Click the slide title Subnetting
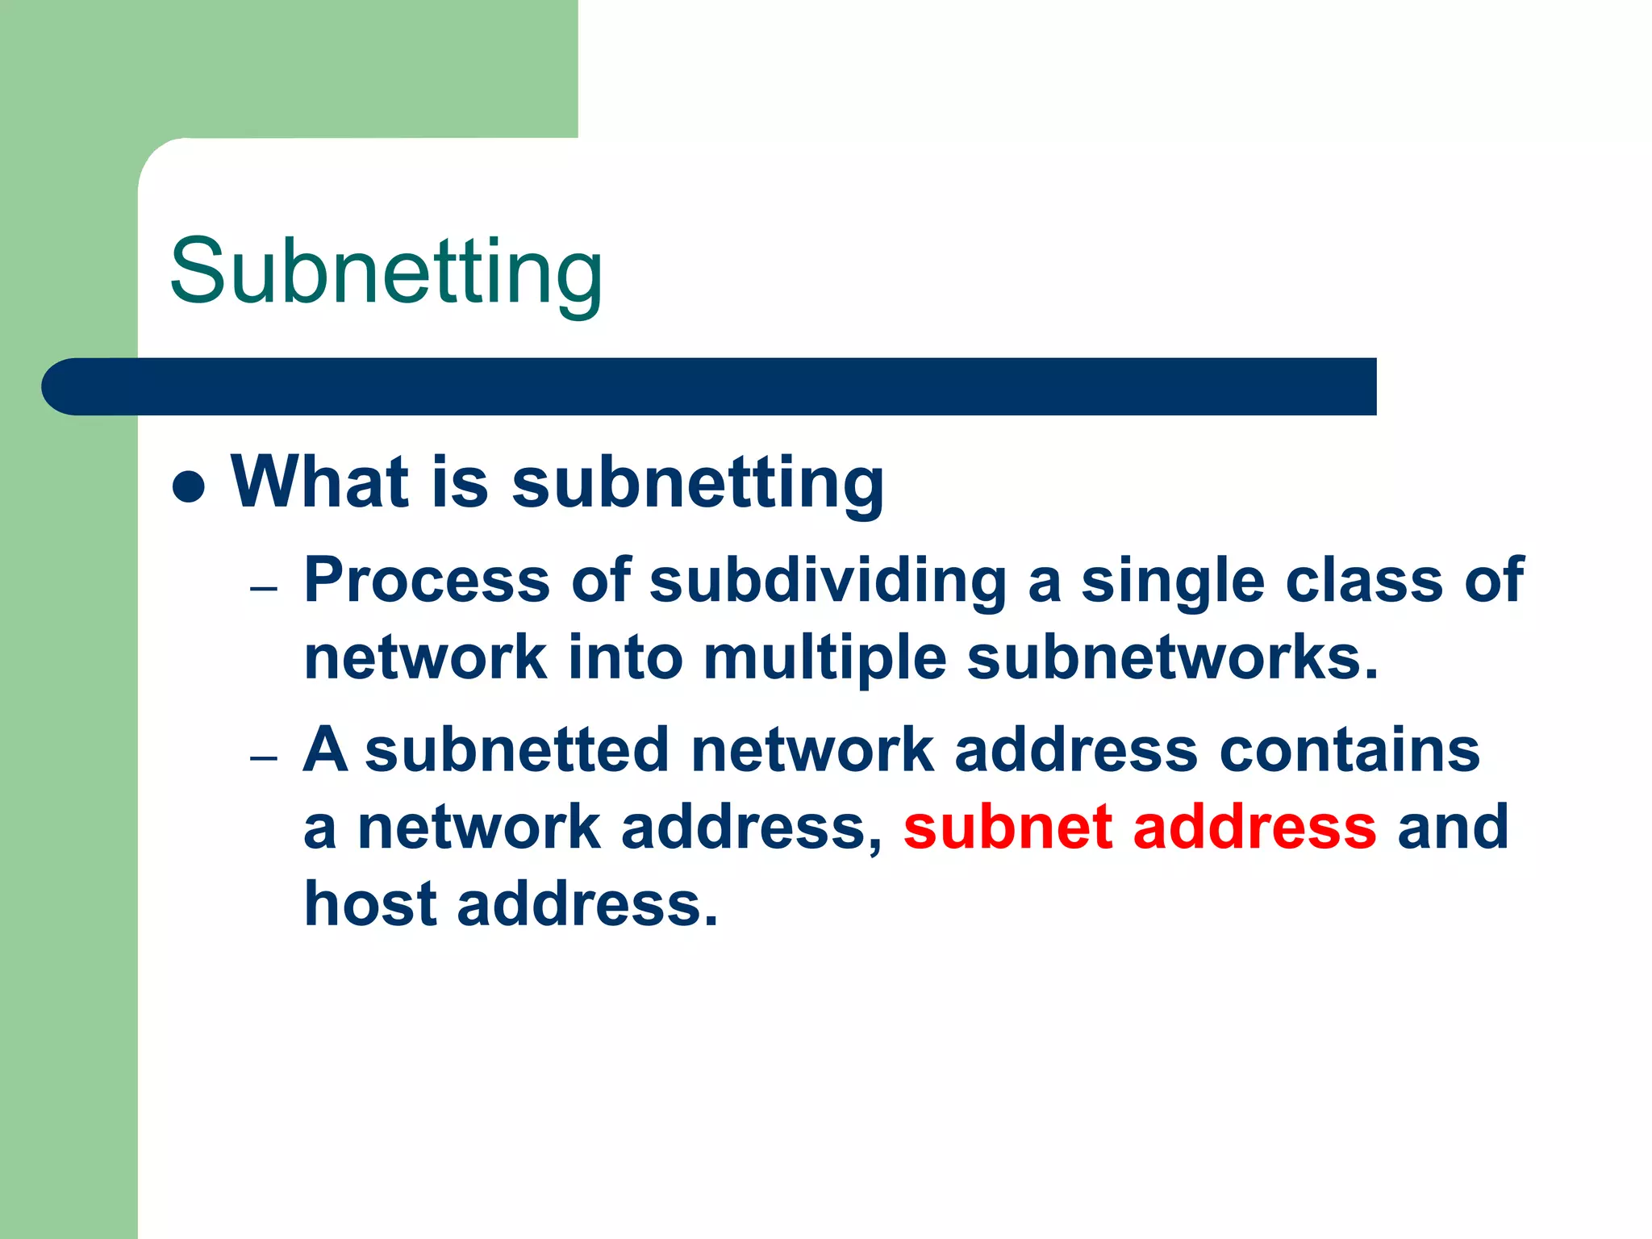click(386, 272)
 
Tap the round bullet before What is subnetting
click(188, 486)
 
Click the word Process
click(427, 580)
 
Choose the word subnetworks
click(1172, 657)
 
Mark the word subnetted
click(517, 749)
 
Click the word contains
click(1349, 749)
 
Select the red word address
click(1254, 827)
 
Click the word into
click(625, 657)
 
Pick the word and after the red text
click(1453, 827)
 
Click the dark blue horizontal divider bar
click(708, 386)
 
